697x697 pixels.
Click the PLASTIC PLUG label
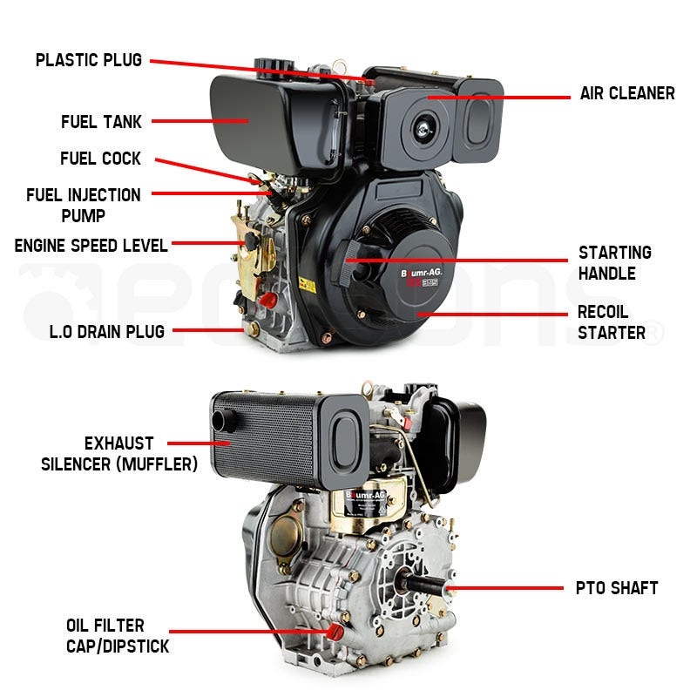pos(88,61)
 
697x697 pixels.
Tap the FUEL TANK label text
pos(101,123)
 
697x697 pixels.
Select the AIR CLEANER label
pos(627,93)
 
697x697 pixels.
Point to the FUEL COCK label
pos(100,159)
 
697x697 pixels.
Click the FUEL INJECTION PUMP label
pos(84,205)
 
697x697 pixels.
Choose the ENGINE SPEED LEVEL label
pos(91,246)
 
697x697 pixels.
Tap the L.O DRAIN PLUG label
pos(107,331)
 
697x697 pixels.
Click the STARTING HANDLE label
pos(615,262)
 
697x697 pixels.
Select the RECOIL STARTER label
pos(612,321)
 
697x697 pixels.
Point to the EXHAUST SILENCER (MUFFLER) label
pos(119,454)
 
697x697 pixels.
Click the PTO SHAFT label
pos(616,588)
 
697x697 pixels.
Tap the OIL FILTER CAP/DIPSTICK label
pos(117,635)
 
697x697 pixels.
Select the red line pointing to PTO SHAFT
pos(505,588)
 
